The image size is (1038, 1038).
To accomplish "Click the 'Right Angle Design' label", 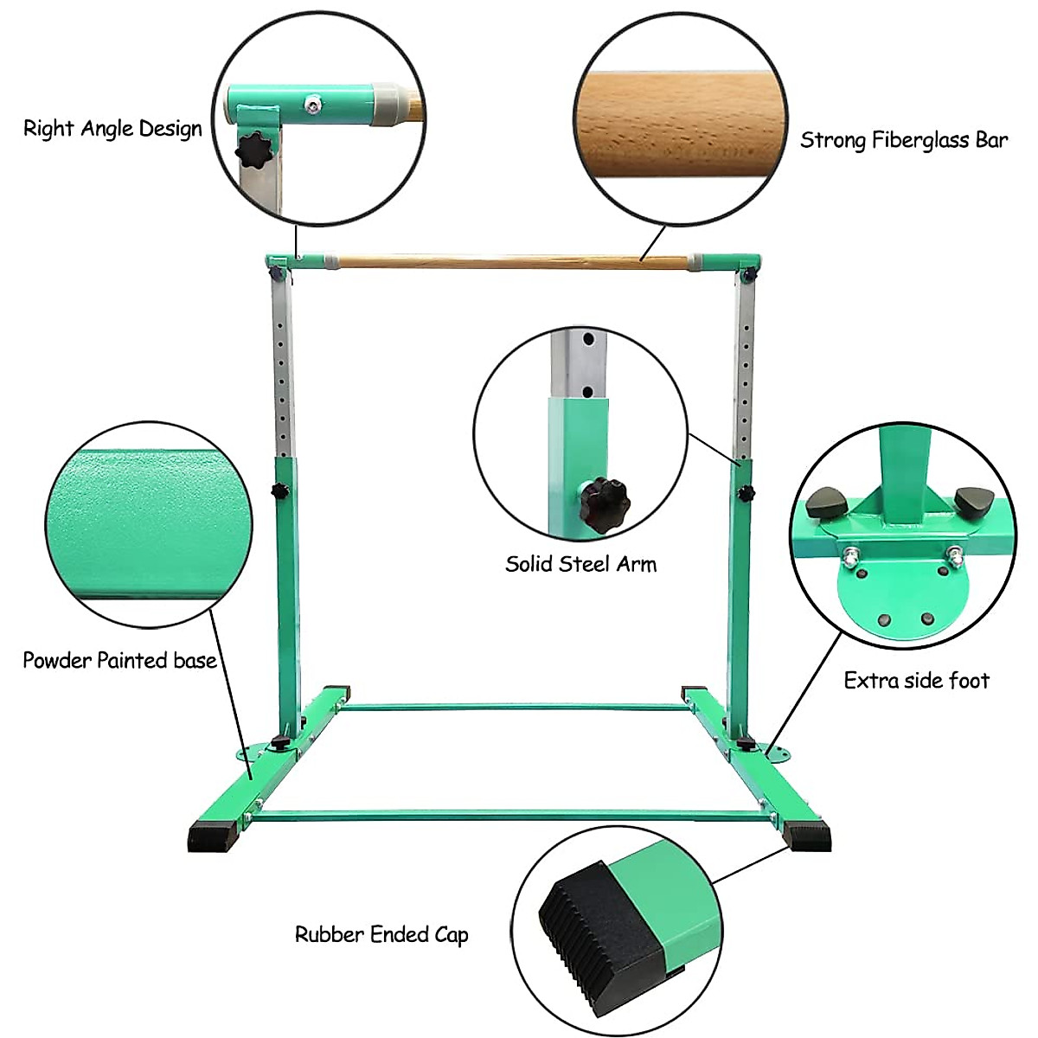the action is tap(112, 129).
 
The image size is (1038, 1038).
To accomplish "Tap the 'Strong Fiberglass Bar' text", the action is tap(904, 140).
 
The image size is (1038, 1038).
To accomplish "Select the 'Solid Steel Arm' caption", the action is tap(580, 564).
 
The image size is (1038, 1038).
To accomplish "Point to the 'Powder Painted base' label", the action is tap(119, 660).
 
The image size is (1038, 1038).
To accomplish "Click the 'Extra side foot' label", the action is tap(916, 681).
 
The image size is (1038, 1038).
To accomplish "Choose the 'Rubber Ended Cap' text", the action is tap(381, 934).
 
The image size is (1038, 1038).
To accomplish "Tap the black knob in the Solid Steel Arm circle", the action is tap(606, 498).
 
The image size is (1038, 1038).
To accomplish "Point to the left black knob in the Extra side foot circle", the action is tap(827, 503).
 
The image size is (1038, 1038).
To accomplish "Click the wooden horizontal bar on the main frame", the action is tap(512, 262).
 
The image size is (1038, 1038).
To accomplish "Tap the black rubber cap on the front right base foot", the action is tap(807, 838).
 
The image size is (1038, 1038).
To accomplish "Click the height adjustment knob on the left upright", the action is tap(279, 490).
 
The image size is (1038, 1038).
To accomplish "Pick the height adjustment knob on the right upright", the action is tap(746, 493).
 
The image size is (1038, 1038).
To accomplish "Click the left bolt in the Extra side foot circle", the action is tap(851, 556).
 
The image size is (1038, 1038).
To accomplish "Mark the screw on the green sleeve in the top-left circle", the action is tap(311, 104).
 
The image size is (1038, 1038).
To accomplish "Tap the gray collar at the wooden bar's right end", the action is tap(695, 261).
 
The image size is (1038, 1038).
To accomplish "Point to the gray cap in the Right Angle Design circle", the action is tap(385, 104).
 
